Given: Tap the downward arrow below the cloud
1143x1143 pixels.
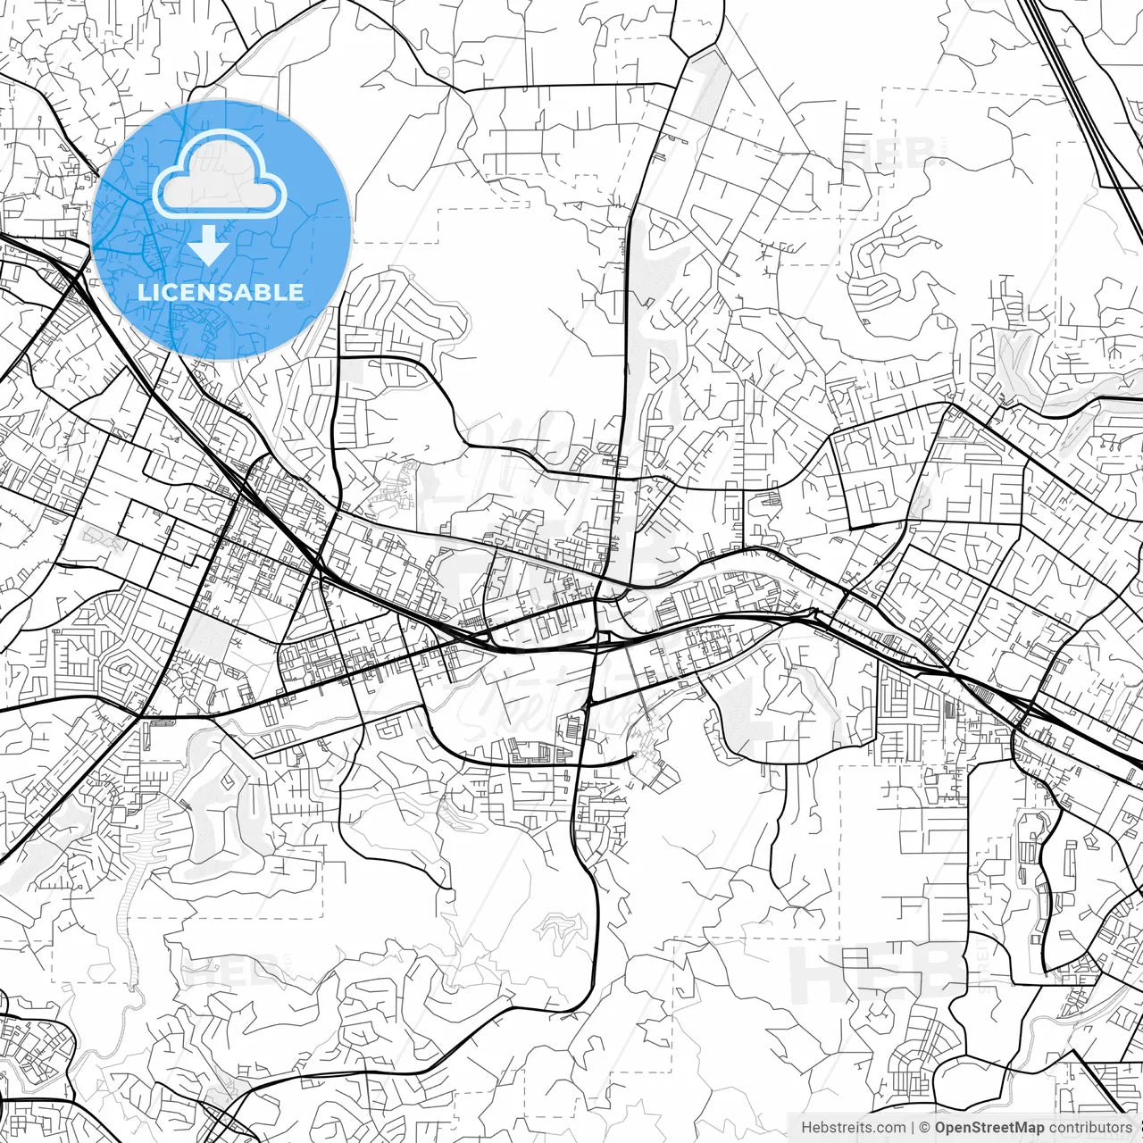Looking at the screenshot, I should (209, 245).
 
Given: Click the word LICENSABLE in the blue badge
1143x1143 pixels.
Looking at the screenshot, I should (221, 292).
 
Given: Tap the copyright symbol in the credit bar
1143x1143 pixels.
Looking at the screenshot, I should (925, 1128).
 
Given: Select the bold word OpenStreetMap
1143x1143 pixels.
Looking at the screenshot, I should (989, 1128).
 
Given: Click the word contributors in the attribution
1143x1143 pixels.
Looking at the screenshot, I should (1090, 1128).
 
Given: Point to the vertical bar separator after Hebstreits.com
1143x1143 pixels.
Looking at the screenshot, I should (913, 1128).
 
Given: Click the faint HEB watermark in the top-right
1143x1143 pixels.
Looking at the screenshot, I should (893, 152).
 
